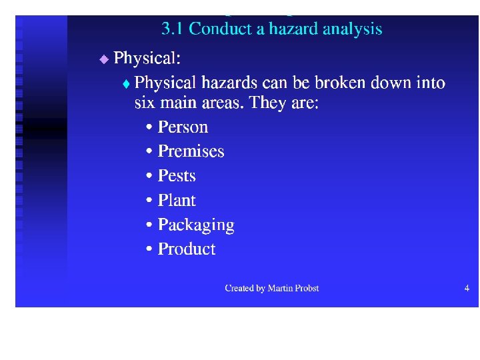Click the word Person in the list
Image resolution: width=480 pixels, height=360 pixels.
pyautogui.click(x=183, y=127)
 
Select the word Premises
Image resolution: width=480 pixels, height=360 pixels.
pyautogui.click(x=191, y=152)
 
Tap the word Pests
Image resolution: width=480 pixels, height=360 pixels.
pyautogui.click(x=177, y=176)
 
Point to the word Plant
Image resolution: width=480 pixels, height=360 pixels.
pyautogui.click(x=177, y=201)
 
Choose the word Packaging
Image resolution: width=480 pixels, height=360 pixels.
pyautogui.click(x=196, y=225)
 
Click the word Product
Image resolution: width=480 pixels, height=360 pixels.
pyautogui.click(x=187, y=249)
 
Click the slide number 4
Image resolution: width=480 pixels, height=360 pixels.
pyautogui.click(x=467, y=288)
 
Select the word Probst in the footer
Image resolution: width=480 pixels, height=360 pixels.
pyautogui.click(x=307, y=289)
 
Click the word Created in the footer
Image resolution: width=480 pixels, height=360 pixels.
pyautogui.click(x=239, y=289)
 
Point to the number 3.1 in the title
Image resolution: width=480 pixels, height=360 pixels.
pyautogui.click(x=173, y=29)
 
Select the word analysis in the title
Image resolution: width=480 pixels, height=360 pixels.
pyautogui.click(x=352, y=29)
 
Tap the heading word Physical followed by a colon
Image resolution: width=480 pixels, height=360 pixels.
pyautogui.click(x=147, y=59)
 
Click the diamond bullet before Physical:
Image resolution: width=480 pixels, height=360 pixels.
pyautogui.click(x=103, y=59)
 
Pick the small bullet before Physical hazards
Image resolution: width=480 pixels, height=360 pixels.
pyautogui.click(x=127, y=85)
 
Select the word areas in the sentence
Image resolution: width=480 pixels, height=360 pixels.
pyautogui.click(x=222, y=104)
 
